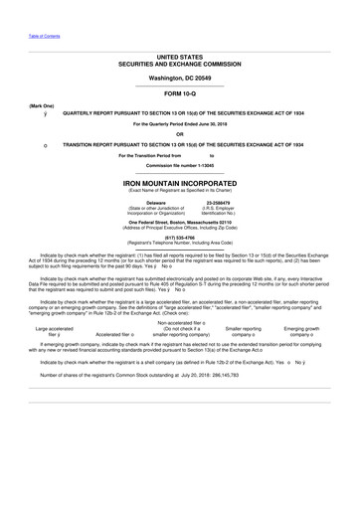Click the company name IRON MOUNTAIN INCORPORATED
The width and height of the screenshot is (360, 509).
pyautogui.click(x=179, y=185)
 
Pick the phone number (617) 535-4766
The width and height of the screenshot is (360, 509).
pyautogui.click(x=179, y=239)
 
